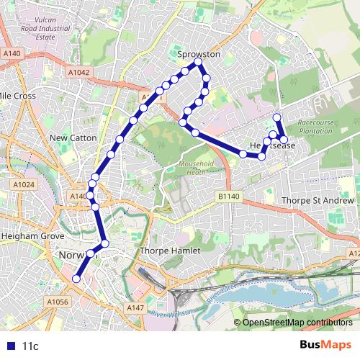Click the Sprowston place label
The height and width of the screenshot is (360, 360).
click(x=199, y=54)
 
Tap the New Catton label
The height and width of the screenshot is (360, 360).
click(x=68, y=137)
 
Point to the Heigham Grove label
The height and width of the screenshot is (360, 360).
click(x=34, y=236)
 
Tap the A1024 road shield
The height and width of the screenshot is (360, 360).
click(x=24, y=185)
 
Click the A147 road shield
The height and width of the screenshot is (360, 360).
click(x=135, y=307)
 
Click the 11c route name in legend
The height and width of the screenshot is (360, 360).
click(x=30, y=346)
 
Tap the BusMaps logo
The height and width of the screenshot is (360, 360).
click(x=325, y=345)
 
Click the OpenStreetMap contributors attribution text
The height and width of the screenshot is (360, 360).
click(x=297, y=323)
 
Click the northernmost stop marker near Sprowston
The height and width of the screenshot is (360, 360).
click(x=197, y=65)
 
